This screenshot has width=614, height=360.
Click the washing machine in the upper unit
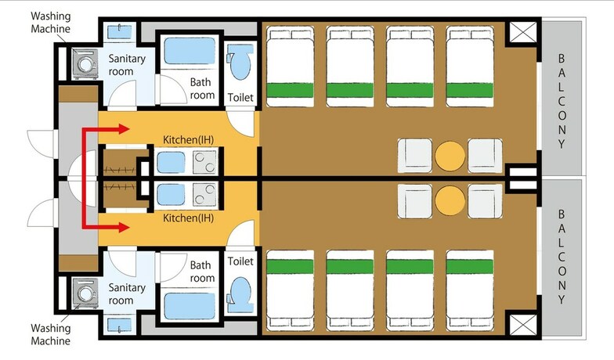point(85,64)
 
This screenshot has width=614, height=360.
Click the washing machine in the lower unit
point(85,293)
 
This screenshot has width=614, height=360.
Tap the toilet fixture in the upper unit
point(240,61)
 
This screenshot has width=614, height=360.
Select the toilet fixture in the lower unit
point(240,295)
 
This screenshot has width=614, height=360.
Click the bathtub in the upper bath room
point(190,51)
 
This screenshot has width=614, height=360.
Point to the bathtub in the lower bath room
point(190,306)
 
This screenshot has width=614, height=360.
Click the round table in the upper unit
point(450,157)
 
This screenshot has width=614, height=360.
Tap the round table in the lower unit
point(450,200)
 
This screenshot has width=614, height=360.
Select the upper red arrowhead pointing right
point(124,128)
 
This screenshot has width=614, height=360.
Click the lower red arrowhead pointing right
point(124,227)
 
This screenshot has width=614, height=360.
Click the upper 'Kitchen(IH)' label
point(188,139)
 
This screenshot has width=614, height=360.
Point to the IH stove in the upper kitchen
point(205,162)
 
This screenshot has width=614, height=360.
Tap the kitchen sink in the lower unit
point(171,195)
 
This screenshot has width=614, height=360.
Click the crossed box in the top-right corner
point(523,32)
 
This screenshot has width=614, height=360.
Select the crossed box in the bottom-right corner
point(523,325)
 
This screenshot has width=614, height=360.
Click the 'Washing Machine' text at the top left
point(50,23)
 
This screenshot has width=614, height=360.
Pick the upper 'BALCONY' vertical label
point(562,102)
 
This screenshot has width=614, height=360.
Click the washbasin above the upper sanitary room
point(119,32)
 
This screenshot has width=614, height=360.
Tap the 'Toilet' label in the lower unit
point(240,261)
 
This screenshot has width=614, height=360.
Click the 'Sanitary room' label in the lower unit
point(127,294)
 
